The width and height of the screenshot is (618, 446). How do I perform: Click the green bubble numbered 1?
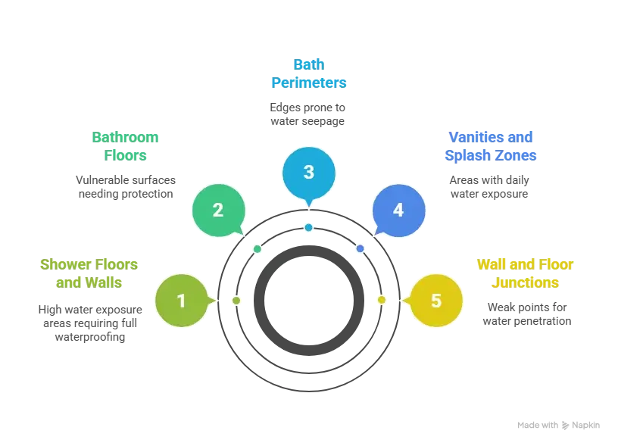(x=181, y=301)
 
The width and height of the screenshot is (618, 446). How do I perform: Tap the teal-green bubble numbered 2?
(x=218, y=210)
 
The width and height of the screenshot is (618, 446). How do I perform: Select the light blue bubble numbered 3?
(x=308, y=173)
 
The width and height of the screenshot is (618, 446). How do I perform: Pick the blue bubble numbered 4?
(x=398, y=210)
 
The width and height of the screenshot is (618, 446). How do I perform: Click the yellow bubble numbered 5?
(x=435, y=301)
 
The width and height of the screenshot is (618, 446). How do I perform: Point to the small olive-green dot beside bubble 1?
(x=236, y=301)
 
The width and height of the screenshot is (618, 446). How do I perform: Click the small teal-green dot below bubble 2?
(x=257, y=249)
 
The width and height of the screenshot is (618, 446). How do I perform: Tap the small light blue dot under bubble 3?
(x=308, y=227)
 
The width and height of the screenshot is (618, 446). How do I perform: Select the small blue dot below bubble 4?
(x=360, y=248)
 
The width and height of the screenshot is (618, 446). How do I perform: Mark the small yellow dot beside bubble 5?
(x=381, y=300)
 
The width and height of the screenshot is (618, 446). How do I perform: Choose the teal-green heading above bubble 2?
(x=126, y=147)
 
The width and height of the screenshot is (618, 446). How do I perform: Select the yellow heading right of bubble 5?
(x=526, y=274)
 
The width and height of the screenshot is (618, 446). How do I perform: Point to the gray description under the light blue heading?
(x=306, y=113)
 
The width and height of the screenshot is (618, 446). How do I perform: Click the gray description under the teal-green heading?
(x=124, y=187)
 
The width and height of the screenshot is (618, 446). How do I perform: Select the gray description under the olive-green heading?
(x=90, y=323)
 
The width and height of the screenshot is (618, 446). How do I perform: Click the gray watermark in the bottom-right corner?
(x=557, y=424)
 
